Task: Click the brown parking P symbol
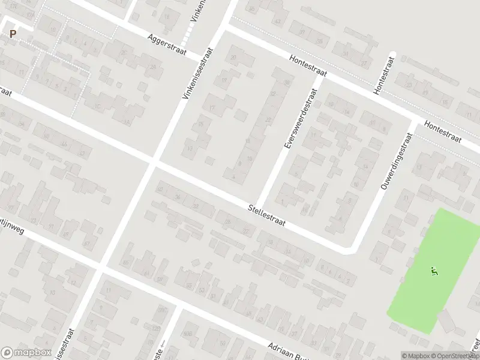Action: click(13, 34)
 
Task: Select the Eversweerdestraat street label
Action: click(298, 120)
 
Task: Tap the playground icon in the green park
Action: click(434, 271)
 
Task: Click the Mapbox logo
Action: click(26, 353)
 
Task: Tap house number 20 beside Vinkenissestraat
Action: click(233, 57)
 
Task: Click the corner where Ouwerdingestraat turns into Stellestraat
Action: click(349, 247)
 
